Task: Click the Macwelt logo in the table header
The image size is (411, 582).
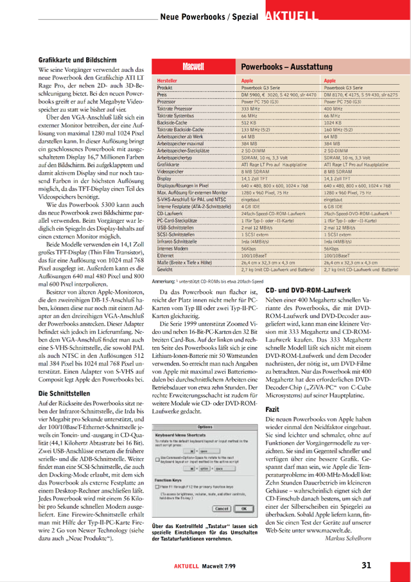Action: pos(193,66)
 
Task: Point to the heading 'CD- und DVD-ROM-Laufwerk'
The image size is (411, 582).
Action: pos(308,290)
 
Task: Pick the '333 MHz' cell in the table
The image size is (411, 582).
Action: pos(250,109)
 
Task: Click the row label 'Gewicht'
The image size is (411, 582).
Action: pos(164,270)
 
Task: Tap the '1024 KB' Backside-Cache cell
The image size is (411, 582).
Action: pos(333,123)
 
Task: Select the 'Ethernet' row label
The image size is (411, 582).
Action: pos(166,256)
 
